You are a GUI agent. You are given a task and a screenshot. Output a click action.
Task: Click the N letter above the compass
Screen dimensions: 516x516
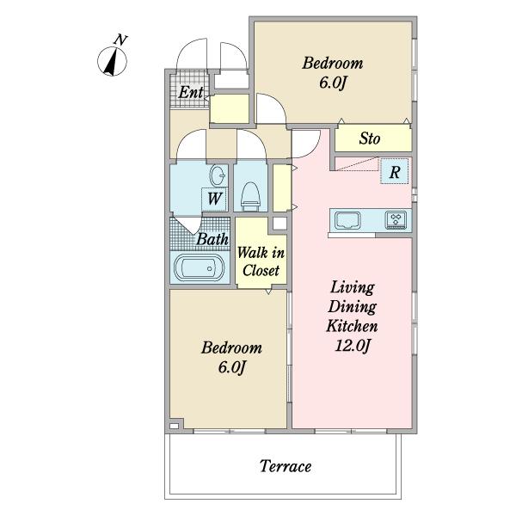[120, 40]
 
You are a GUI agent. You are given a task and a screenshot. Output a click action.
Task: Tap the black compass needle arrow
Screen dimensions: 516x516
[112, 62]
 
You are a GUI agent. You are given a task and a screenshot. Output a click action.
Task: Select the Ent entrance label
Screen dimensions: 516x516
[191, 92]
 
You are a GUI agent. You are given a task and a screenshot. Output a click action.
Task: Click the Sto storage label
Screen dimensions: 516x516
[370, 138]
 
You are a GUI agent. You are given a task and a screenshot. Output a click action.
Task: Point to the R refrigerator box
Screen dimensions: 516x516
[394, 171]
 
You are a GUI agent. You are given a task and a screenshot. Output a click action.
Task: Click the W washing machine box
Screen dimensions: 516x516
[214, 199]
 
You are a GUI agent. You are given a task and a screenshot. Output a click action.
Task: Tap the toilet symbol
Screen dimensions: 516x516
[251, 197]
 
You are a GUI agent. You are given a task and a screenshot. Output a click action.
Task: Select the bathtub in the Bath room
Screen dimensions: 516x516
[200, 267]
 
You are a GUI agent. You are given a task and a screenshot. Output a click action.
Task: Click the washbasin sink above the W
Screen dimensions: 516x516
[218, 175]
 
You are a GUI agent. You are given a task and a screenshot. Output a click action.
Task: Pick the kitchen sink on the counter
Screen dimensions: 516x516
[347, 220]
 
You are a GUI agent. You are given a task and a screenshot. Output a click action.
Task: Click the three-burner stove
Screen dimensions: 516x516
[396, 220]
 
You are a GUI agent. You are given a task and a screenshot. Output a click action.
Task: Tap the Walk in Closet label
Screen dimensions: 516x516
[261, 261]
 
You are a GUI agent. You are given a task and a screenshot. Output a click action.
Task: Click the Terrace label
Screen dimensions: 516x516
[286, 466]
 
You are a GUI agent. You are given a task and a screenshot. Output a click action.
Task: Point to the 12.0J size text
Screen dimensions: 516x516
[353, 346]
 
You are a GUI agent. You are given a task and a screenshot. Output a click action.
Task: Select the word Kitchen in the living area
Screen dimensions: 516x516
[352, 326]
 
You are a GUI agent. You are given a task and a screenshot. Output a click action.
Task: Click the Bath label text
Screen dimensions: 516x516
[212, 239]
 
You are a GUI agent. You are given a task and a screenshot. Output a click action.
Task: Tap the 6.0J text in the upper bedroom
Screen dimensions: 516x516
[332, 83]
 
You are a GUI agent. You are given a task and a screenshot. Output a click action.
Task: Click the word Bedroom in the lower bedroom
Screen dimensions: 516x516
[231, 347]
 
